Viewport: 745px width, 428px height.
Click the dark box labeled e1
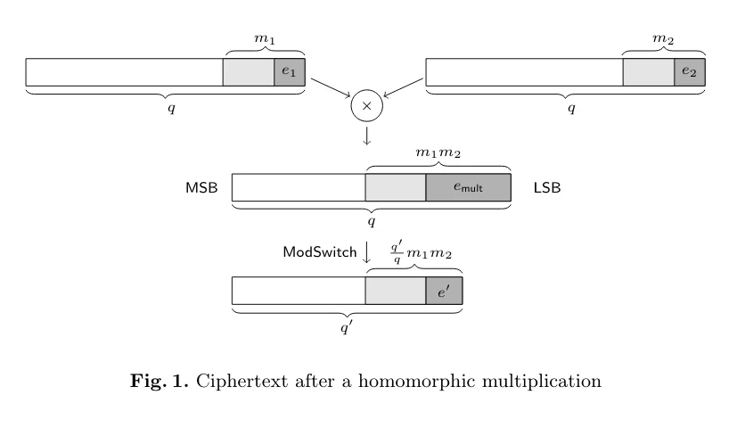(290, 72)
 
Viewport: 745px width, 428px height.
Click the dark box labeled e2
(690, 72)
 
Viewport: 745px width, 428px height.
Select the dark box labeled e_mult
(469, 187)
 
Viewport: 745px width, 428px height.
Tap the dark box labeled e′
(444, 291)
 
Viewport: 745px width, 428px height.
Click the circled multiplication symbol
(367, 105)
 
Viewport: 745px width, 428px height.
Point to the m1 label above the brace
(265, 39)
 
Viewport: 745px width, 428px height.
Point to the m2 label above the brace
(663, 39)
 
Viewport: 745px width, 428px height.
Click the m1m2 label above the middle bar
(438, 152)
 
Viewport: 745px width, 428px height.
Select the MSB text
(201, 188)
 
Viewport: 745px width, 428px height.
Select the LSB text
(547, 188)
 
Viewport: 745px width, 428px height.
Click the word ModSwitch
(320, 252)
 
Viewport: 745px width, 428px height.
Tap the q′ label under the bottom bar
(347, 327)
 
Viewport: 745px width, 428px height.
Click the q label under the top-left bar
(171, 109)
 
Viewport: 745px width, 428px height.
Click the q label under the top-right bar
(571, 109)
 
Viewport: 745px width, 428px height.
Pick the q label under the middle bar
(372, 222)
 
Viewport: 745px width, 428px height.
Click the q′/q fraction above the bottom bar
(397, 252)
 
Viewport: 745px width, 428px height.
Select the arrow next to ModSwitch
(366, 252)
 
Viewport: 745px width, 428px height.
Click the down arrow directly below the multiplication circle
(366, 136)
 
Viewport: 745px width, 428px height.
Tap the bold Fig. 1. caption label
(160, 381)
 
